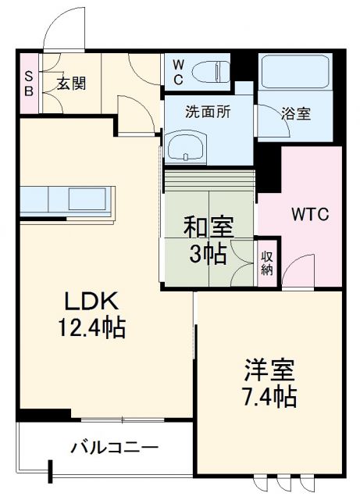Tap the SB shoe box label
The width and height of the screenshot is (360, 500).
29,83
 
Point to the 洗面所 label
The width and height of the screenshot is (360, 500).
206,112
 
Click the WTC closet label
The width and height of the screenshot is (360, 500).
310,213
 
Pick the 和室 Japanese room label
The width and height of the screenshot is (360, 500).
208,229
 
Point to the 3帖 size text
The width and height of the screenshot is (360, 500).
207,255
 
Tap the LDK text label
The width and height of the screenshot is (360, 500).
90,300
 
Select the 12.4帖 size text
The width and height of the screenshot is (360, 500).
90,327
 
